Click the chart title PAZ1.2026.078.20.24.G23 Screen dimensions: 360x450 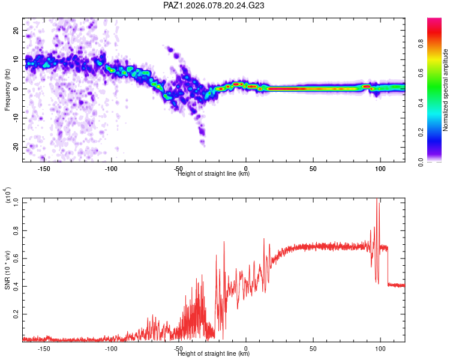pyautogui.click(x=214, y=5)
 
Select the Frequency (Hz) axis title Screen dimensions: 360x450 pyautogui.click(x=7, y=89)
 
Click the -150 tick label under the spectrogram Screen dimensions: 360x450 pyautogui.click(x=44, y=169)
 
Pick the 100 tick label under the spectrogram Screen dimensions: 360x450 pyautogui.click(x=380, y=169)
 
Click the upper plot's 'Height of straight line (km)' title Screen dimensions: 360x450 pyautogui.click(x=214, y=174)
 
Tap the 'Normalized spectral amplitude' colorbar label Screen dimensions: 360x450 pyautogui.click(x=446, y=90)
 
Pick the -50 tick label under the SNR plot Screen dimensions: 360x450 pyautogui.click(x=178, y=349)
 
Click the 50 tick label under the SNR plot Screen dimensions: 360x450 pyautogui.click(x=313, y=349)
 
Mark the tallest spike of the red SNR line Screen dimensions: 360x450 pyautogui.click(x=377, y=199)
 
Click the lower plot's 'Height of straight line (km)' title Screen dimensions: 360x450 pyautogui.click(x=214, y=354)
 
